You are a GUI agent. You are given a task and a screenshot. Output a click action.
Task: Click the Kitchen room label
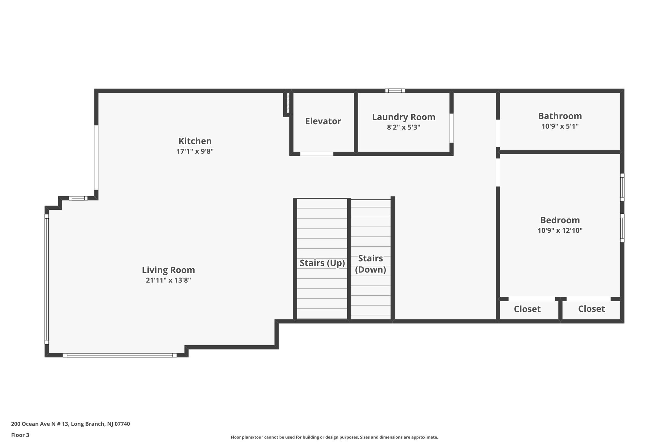195,141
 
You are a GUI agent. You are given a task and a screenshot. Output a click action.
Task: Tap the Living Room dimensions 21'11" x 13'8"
168,280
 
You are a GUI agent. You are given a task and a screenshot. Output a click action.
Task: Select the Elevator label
323,121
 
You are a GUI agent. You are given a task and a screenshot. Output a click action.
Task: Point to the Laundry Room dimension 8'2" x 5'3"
403,127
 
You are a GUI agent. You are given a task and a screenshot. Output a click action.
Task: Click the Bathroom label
560,116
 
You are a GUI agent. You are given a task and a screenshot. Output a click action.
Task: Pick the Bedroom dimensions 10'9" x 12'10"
560,231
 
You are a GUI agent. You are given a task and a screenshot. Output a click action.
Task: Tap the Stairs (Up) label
322,263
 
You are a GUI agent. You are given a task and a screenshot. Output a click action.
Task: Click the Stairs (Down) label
370,264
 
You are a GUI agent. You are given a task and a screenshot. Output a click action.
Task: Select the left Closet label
527,309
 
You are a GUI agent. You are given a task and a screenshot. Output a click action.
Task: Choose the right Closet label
591,309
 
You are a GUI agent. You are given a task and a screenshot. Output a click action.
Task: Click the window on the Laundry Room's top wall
395,91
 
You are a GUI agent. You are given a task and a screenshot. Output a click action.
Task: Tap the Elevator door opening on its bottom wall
317,154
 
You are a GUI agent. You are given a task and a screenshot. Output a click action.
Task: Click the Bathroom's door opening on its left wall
498,133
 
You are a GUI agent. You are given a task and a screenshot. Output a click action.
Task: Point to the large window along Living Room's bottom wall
120,355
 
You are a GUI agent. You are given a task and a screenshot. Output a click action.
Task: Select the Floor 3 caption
20,435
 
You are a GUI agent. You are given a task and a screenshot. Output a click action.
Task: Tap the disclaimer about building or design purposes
334,437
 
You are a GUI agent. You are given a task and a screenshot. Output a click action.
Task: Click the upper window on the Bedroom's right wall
622,187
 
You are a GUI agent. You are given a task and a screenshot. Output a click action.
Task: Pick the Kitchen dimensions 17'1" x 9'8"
195,152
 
